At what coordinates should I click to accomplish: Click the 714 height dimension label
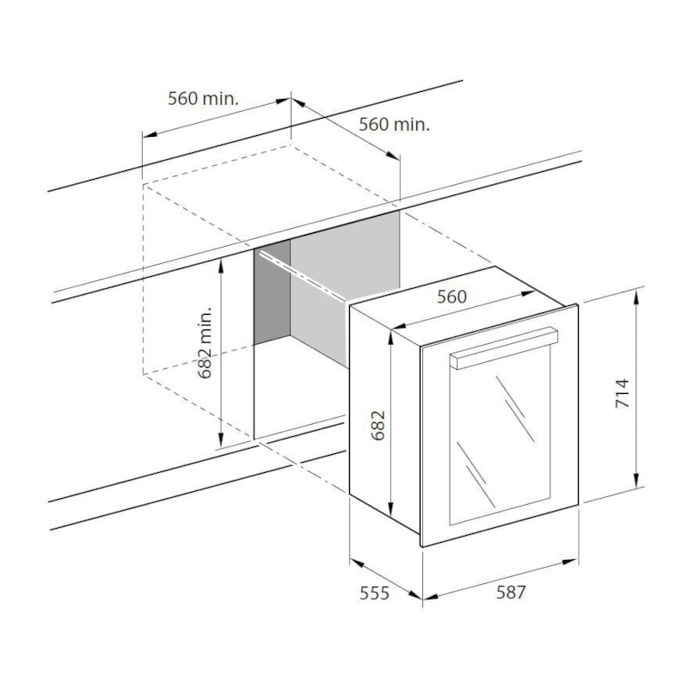[622, 393]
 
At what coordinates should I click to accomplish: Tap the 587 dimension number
[511, 593]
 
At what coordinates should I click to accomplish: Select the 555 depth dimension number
[374, 593]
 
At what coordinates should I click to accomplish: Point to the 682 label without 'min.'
[378, 425]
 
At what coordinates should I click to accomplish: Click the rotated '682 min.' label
[205, 342]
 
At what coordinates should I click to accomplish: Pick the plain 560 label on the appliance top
[451, 297]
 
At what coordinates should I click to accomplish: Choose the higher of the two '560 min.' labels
[203, 98]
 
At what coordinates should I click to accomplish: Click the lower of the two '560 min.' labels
[395, 124]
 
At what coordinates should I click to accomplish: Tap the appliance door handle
[504, 347]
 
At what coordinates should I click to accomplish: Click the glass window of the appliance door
[500, 434]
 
